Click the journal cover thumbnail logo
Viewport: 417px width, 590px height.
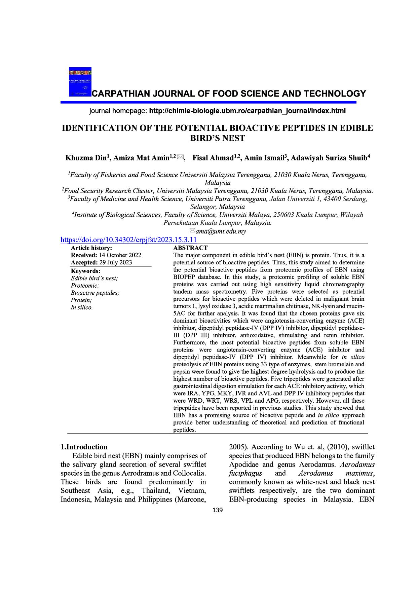point(80,82)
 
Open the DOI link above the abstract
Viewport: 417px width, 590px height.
point(128,240)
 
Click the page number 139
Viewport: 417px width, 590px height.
point(218,510)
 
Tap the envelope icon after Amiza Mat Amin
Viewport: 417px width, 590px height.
point(180,157)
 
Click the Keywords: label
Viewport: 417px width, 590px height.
point(86,271)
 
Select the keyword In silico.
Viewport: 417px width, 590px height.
point(82,307)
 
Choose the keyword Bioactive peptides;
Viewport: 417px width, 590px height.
point(95,293)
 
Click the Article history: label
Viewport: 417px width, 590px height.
point(91,248)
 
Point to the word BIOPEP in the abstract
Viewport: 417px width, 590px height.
point(184,277)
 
